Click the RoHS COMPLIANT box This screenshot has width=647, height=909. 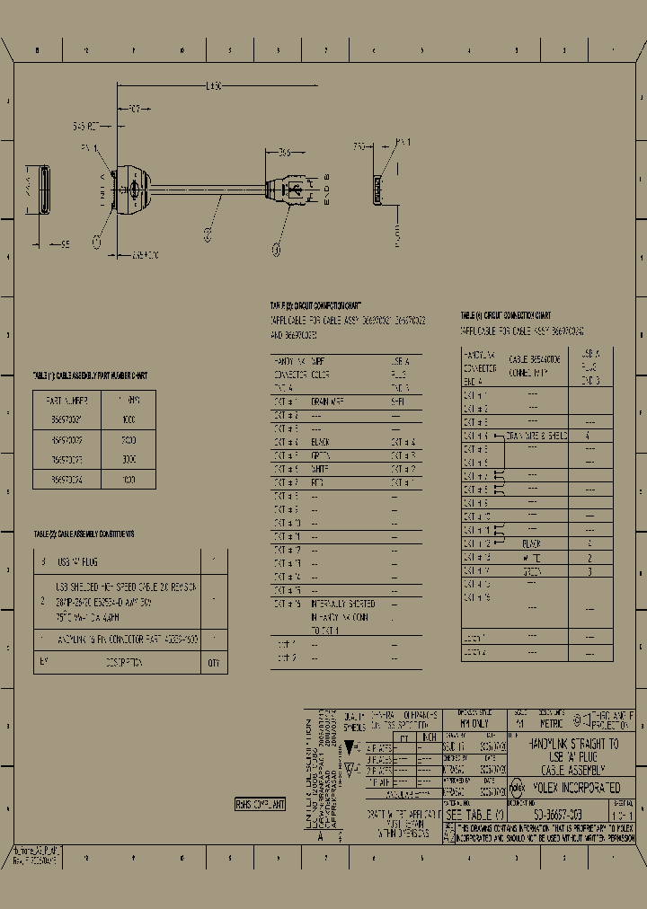260,805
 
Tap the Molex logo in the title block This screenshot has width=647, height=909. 518,788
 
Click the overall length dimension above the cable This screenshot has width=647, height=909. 213,86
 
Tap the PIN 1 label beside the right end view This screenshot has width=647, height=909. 403,142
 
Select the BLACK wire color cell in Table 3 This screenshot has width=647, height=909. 321,442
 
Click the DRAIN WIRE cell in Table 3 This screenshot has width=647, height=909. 328,402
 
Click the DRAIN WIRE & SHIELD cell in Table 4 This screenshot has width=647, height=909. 537,436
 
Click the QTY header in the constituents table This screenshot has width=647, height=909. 213,663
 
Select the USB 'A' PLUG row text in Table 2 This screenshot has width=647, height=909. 77,561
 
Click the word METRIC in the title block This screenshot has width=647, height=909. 551,723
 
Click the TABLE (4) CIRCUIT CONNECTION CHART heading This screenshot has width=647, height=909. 506,316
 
